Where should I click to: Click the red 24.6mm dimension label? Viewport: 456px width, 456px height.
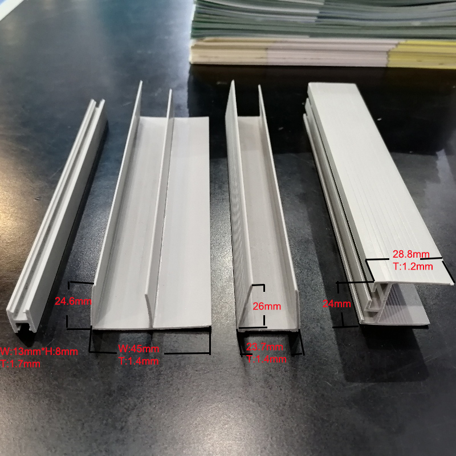point(72,302)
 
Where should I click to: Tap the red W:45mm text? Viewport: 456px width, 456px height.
point(139,349)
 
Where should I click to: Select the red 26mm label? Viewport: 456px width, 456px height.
point(267,306)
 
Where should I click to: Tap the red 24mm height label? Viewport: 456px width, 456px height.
point(336,304)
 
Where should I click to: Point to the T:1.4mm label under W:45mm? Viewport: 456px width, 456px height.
point(138,360)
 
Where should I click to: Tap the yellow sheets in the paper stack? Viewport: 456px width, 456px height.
point(422,54)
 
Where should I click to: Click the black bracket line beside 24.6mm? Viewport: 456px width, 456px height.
point(69,306)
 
